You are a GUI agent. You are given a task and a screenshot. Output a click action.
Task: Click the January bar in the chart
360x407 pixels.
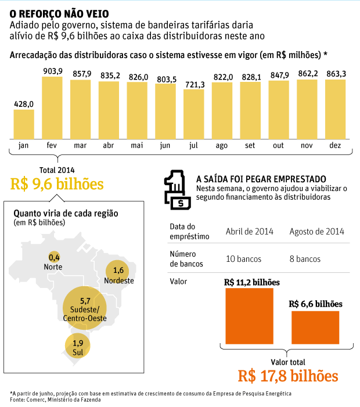(24, 124)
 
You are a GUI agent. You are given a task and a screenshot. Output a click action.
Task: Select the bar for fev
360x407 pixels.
(52, 108)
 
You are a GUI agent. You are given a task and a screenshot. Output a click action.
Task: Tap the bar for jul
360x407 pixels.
(193, 114)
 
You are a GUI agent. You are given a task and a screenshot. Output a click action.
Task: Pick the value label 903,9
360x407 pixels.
(52, 71)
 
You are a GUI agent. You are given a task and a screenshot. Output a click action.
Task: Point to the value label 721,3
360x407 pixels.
(193, 85)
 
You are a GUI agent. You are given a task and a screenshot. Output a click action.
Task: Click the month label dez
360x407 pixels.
(335, 146)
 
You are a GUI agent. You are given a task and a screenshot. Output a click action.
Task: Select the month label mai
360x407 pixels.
(137, 146)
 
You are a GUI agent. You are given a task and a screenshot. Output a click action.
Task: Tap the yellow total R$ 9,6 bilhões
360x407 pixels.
(57, 184)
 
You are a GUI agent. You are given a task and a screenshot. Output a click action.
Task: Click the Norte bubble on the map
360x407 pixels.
(54, 257)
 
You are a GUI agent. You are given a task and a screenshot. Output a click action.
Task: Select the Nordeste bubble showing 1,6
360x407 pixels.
(119, 271)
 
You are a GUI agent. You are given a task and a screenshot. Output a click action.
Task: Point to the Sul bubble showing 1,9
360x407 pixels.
(78, 346)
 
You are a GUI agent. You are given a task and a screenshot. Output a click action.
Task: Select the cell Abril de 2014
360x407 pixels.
(249, 231)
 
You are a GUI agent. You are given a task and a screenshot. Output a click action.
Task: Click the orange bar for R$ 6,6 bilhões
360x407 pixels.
(315, 327)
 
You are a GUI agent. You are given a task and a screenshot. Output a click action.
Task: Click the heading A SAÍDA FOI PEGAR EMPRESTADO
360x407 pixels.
(261, 179)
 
